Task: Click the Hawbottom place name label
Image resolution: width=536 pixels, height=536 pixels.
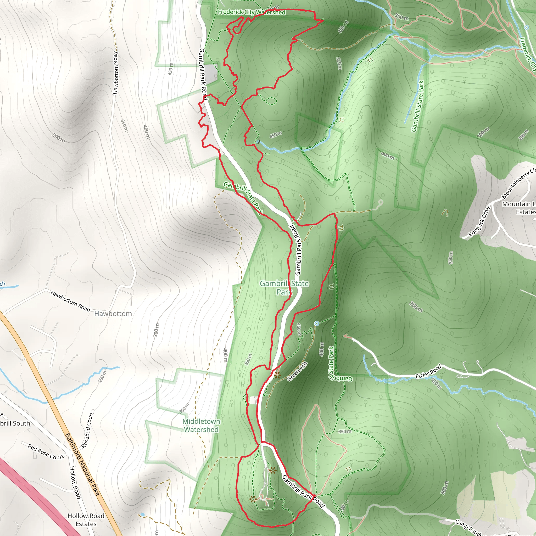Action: [113, 314]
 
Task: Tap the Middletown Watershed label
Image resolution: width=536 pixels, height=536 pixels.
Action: [201, 425]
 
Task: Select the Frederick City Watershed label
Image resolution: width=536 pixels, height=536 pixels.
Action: [251, 12]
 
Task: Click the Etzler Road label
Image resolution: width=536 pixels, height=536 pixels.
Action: [428, 372]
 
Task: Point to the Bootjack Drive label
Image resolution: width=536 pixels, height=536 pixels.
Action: [479, 221]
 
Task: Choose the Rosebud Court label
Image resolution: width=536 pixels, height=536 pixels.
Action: [88, 430]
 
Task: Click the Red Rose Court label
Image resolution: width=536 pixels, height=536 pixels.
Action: [46, 452]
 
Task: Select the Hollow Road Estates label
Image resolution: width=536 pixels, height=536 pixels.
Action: [86, 520]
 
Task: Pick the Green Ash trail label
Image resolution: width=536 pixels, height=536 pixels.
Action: [297, 371]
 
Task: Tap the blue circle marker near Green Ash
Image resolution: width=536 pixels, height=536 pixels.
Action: [317, 323]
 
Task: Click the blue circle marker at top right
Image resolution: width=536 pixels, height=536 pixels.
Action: [526, 27]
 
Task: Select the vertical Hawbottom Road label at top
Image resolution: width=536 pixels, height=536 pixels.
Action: [115, 73]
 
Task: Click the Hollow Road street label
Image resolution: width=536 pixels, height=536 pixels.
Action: [75, 483]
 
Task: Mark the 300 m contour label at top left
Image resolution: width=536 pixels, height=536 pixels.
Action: [59, 138]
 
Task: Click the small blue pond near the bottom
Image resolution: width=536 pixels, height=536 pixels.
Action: [142, 515]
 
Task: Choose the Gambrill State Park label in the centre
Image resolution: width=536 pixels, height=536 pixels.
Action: [284, 287]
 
